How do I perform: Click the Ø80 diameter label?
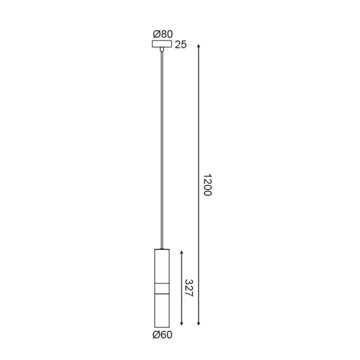pyautogui.click(x=163, y=34)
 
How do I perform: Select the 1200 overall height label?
pyautogui.click(x=207, y=185)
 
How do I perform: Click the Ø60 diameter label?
pyautogui.click(x=163, y=335)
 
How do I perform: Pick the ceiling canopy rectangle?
pyautogui.click(x=162, y=44)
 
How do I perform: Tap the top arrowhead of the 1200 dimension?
pyautogui.click(x=199, y=45)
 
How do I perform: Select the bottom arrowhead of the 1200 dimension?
pyautogui.click(x=199, y=324)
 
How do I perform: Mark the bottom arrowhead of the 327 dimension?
pyautogui.click(x=181, y=324)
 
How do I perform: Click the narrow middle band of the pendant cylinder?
pyautogui.click(x=162, y=287)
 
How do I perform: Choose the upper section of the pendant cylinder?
pyautogui.click(x=162, y=265)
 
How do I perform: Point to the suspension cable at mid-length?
pyautogui.click(x=162, y=150)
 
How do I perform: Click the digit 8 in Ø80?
pyautogui.click(x=163, y=34)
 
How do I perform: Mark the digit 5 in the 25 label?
pyautogui.click(x=184, y=45)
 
